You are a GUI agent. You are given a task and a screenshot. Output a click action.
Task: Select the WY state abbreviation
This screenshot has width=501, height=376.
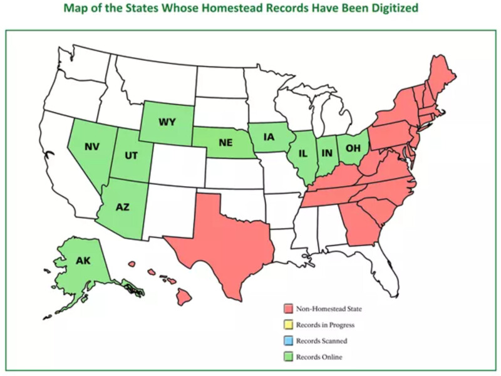(167, 122)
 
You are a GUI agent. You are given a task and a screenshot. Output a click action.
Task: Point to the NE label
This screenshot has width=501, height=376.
(226, 142)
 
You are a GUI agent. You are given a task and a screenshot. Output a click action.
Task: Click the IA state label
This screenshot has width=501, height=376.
(268, 137)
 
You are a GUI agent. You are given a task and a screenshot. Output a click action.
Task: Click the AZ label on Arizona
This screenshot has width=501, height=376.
(123, 206)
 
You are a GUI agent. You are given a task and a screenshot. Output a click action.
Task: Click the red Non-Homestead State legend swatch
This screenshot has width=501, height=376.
(288, 309)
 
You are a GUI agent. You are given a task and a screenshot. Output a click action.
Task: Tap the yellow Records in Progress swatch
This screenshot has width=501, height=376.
(288, 325)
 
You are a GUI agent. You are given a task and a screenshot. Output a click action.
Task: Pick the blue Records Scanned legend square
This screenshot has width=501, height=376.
(288, 342)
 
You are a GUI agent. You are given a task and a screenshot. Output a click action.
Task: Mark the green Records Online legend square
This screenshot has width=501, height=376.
(288, 357)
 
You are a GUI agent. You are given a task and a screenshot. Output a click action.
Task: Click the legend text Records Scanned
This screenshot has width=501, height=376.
(321, 342)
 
